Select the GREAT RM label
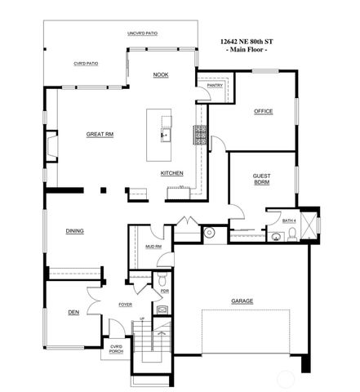pos(100,134)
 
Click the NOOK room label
pos(161,75)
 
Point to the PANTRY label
pos(216,85)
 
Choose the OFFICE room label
pos(263,111)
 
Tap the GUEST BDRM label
pos(262,179)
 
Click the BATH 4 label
pos(289,220)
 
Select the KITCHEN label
pos(171,173)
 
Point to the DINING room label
pos(75,232)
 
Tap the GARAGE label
pos(242,301)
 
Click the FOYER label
pos(125,305)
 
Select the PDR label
pos(164,291)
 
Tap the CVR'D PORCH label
pos(116,350)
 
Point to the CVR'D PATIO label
pos(86,63)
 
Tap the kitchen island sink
pos(164,133)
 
